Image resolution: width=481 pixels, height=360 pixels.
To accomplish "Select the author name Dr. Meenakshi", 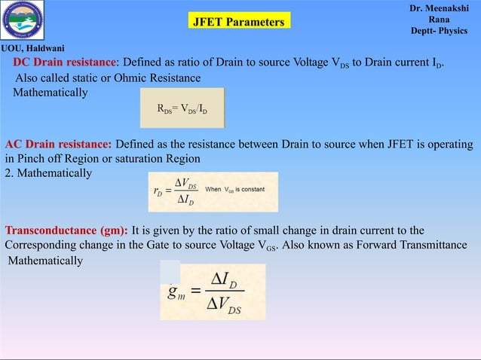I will [440, 8].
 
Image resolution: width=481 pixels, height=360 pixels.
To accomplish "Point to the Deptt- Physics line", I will [440, 32].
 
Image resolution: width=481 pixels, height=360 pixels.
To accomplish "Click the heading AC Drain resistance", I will [59, 145].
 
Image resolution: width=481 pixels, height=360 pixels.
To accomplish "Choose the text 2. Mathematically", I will [48, 174].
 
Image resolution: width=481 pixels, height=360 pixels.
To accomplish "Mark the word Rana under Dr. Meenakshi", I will [440, 20].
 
